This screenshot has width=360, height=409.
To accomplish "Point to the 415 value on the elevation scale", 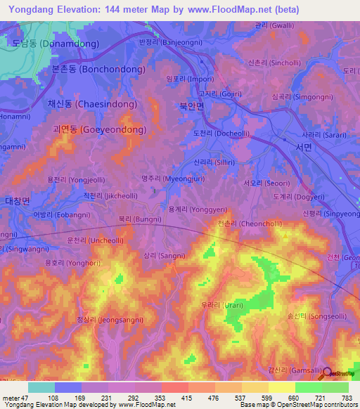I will [167, 397].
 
